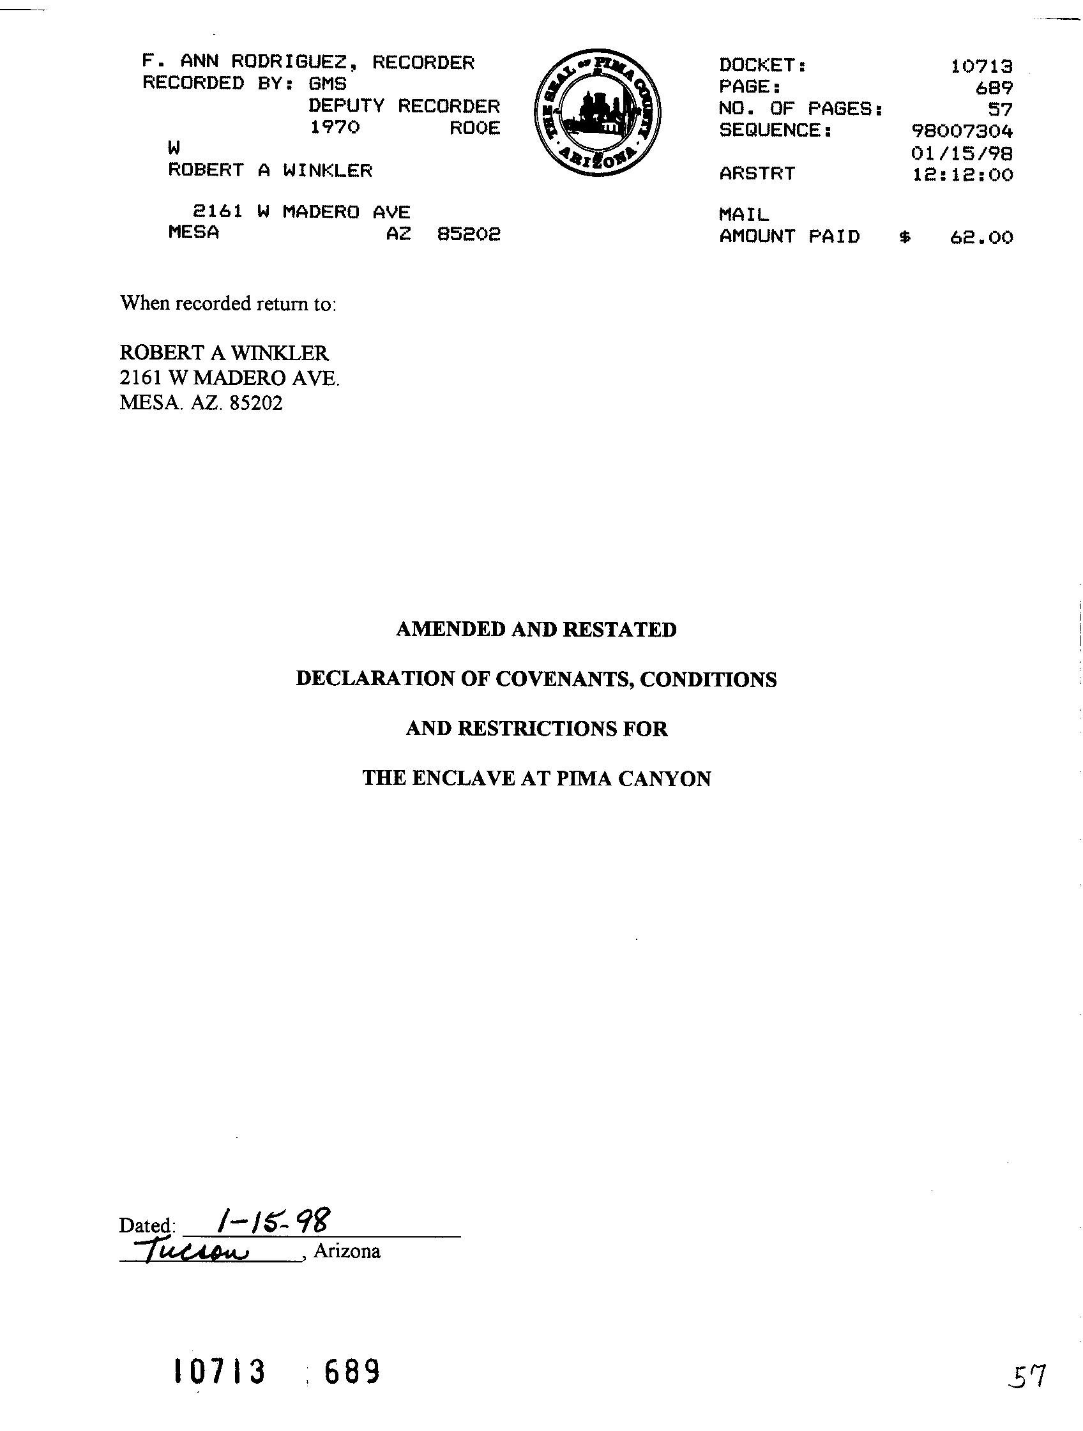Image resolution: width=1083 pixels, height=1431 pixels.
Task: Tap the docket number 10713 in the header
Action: point(981,66)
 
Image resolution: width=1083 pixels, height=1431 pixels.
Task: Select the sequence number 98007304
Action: point(962,132)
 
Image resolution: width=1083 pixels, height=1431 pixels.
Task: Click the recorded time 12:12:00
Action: point(963,175)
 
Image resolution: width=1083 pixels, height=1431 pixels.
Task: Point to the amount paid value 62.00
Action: point(981,238)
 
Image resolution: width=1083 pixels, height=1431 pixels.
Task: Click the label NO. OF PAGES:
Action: point(801,109)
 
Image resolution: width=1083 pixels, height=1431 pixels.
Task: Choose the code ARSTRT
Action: point(757,174)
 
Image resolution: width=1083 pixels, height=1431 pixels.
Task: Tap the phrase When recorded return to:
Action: point(228,303)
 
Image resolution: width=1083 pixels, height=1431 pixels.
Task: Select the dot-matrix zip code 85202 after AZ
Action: point(469,234)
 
